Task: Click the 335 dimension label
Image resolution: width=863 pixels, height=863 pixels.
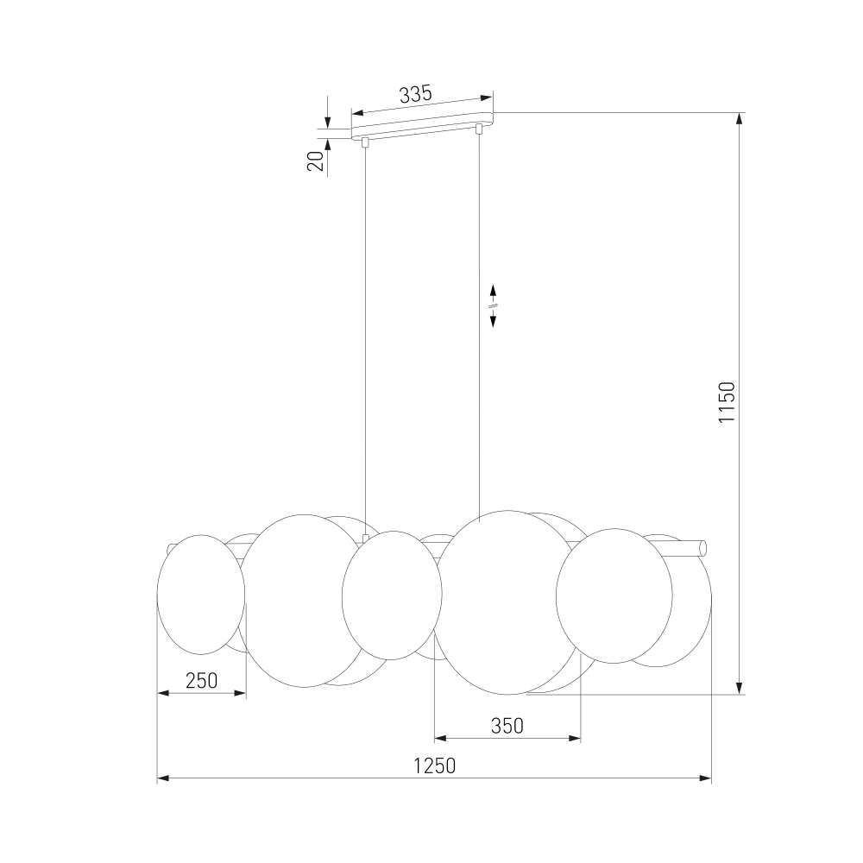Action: tap(416, 95)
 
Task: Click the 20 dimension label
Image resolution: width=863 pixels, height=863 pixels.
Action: tap(316, 161)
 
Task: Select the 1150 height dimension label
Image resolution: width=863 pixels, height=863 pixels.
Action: tap(727, 402)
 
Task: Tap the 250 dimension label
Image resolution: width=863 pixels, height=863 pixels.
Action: tap(201, 681)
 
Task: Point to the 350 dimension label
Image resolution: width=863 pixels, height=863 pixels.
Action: tap(507, 726)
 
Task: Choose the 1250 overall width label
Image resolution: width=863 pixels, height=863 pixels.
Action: tap(435, 765)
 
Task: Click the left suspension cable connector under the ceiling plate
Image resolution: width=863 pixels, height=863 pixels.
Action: tap(365, 142)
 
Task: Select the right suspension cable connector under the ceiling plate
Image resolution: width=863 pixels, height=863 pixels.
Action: tap(479, 129)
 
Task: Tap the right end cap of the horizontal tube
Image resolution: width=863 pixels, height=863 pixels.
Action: tap(702, 548)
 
